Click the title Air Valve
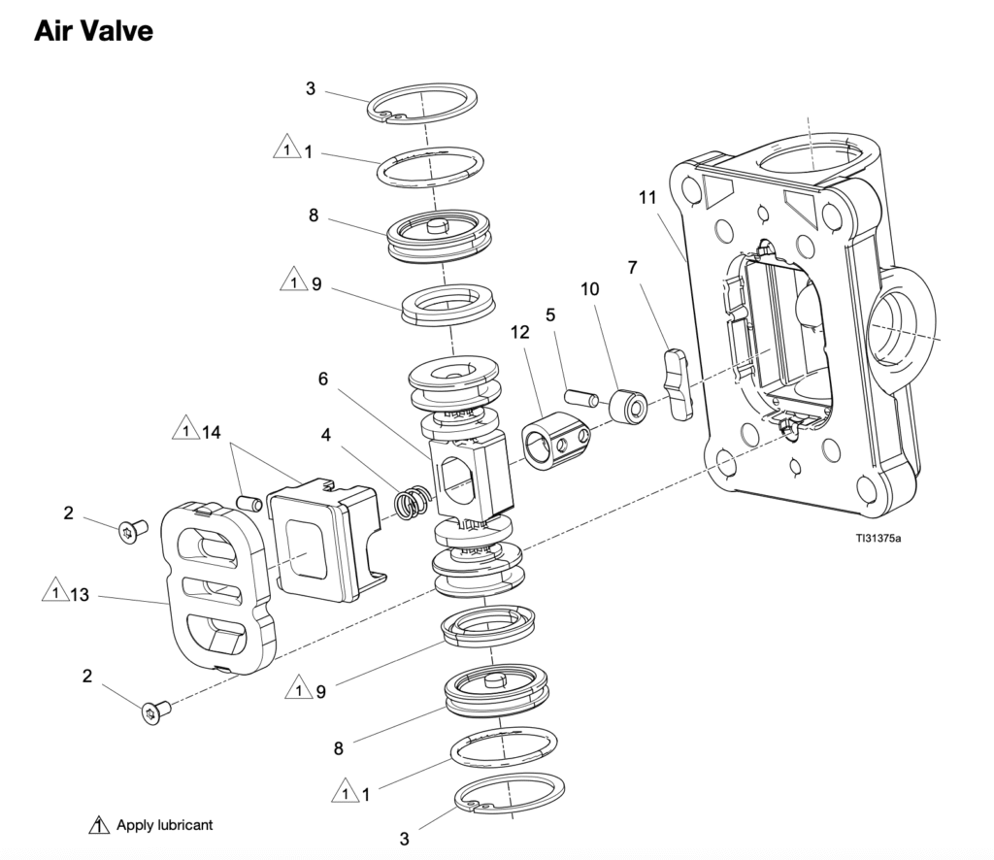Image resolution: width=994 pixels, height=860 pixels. point(93,30)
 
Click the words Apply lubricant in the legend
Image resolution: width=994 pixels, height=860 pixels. point(164,825)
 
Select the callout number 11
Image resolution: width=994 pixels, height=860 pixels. point(647,197)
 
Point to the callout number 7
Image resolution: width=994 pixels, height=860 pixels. point(633,266)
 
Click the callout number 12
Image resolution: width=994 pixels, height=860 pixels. point(519,332)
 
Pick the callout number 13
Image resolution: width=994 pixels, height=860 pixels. point(79,594)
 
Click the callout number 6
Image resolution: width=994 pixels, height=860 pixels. point(322,380)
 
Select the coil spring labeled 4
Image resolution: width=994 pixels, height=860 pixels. point(413,503)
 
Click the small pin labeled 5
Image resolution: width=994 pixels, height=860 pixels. point(579,397)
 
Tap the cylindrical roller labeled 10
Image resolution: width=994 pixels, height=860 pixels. point(626,408)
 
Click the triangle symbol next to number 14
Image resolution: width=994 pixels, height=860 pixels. point(182,428)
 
